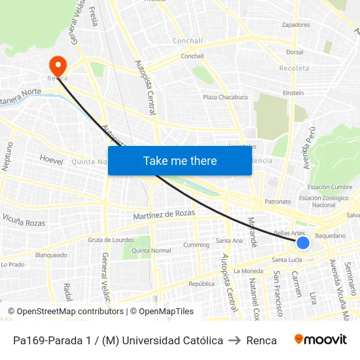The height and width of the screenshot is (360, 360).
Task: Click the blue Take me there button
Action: point(180,160)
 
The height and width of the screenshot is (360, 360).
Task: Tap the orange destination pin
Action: point(58,65)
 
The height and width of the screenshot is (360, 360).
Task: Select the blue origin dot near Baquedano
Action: point(302,243)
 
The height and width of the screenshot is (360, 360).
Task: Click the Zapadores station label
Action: point(295,25)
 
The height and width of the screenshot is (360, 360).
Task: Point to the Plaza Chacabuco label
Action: point(225,98)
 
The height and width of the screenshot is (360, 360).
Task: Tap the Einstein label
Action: point(293,93)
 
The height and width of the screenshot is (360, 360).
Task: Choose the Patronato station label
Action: point(278,202)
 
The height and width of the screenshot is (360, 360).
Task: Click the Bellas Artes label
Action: point(289,233)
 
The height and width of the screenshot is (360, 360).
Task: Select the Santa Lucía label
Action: point(291,259)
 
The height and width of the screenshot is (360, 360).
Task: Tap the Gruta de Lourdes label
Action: point(111,240)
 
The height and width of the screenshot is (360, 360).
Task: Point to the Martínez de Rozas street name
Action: point(164,214)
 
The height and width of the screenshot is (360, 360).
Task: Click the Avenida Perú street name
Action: point(310,148)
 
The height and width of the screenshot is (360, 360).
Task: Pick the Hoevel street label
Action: point(51,159)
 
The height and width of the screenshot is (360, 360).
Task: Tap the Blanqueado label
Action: point(51,255)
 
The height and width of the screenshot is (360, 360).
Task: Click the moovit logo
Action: point(320,340)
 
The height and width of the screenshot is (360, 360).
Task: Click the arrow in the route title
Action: point(234,340)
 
